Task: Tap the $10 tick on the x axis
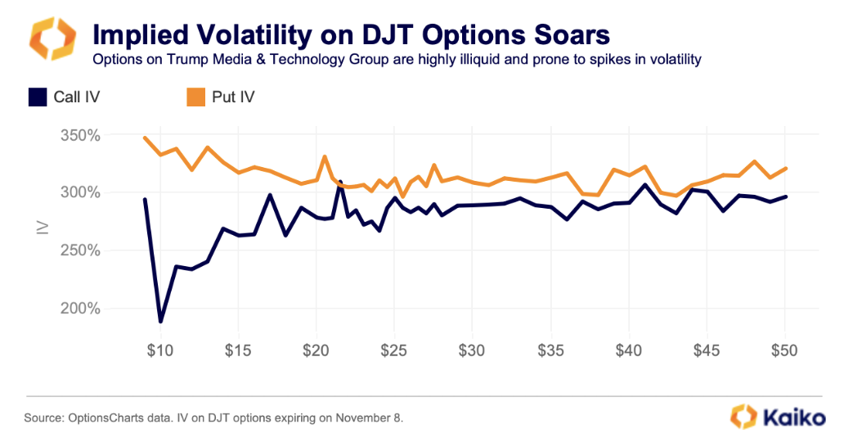[160, 350]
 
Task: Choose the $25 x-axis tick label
[394, 350]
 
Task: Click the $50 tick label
[784, 350]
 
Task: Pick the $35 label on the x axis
[550, 350]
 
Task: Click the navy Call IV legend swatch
[37, 97]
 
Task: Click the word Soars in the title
[563, 34]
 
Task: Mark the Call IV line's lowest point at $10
[160, 321]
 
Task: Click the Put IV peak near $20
[325, 156]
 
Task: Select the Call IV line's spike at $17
[270, 195]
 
